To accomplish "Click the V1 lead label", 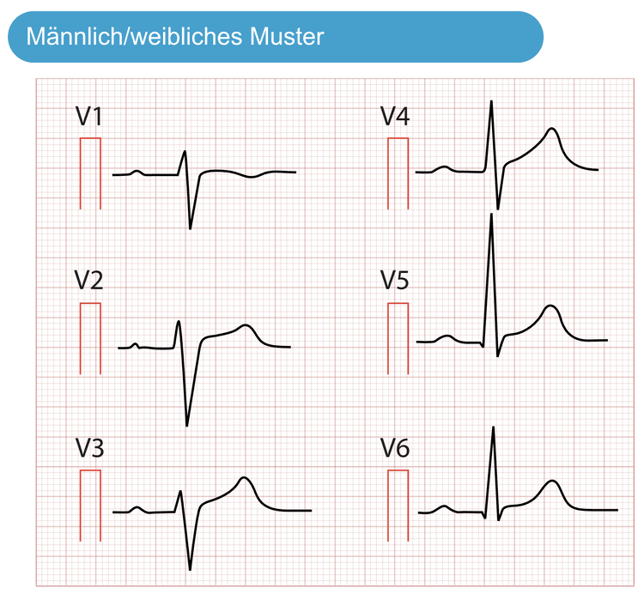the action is [x=88, y=116].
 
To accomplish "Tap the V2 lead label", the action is [x=88, y=281].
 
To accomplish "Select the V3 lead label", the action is [x=89, y=447].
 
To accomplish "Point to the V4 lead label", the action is [x=395, y=116].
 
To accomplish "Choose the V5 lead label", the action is [x=395, y=281].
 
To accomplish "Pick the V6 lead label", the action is [x=395, y=447].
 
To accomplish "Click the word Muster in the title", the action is [x=287, y=37].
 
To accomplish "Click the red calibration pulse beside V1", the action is [x=90, y=138].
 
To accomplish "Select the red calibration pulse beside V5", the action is [x=398, y=304].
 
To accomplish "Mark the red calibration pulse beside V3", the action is [x=90, y=470].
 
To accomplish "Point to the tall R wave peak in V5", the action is [x=491, y=215].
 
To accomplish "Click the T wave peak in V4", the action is [x=552, y=129].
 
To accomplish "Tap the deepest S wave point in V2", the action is [x=187, y=426].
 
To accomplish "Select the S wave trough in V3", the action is [x=190, y=569].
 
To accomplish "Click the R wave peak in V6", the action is [x=493, y=427].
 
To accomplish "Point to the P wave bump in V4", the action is [x=445, y=167].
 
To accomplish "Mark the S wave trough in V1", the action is [x=190, y=228].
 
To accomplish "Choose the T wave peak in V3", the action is [x=244, y=477].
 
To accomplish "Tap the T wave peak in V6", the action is [x=552, y=481].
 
